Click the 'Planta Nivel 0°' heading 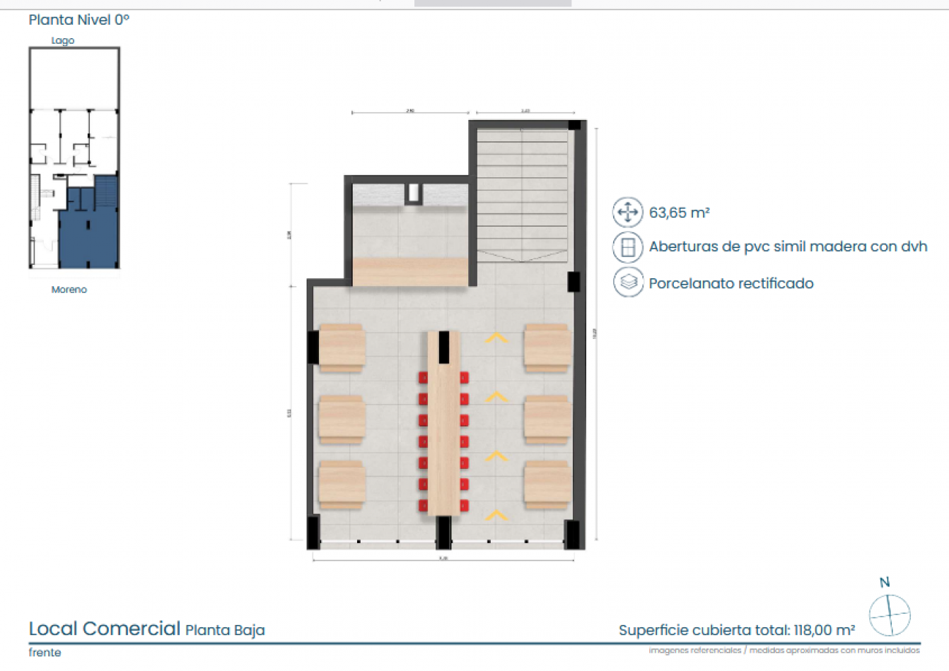[78, 20]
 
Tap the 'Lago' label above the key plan [62, 40]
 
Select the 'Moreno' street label [69, 290]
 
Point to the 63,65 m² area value [679, 213]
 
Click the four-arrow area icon [627, 212]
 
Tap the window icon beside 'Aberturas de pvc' [627, 247]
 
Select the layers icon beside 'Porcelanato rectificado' [627, 283]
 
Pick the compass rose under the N [889, 614]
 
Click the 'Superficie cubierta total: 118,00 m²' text [736, 630]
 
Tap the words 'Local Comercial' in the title [105, 629]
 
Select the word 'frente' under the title [45, 653]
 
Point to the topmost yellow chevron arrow [496, 338]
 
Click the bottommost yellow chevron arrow [496, 516]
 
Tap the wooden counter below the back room [410, 271]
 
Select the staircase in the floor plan [522, 191]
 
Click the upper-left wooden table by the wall [342, 348]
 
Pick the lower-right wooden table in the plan [547, 485]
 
